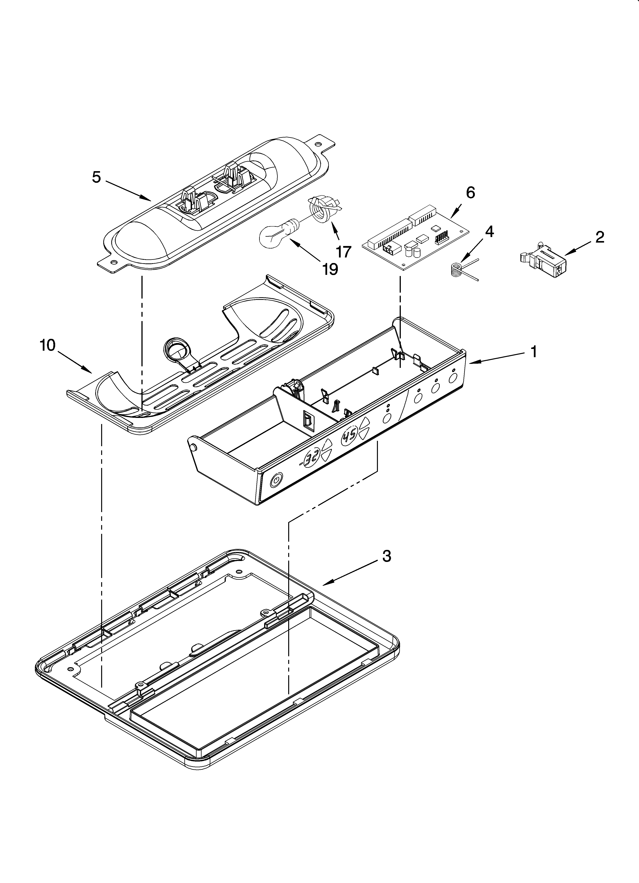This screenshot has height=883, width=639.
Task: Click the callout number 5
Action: (x=97, y=177)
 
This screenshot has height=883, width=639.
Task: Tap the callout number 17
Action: (x=344, y=252)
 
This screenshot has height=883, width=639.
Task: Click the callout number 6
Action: (x=470, y=193)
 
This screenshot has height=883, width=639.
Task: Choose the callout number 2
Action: (x=600, y=237)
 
